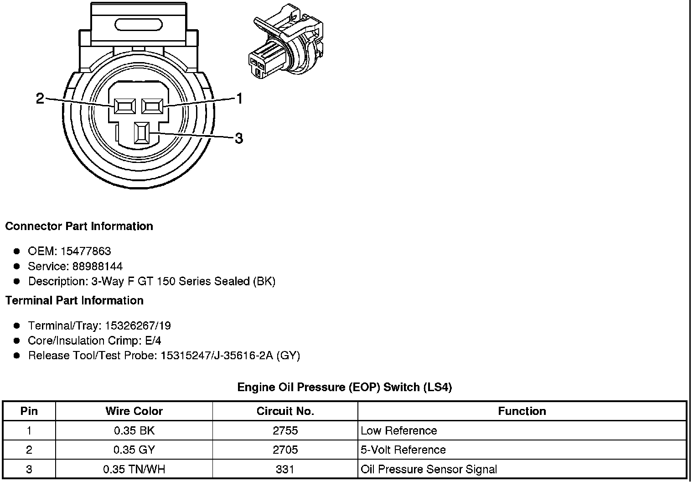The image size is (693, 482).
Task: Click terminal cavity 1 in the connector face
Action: pyautogui.click(x=153, y=106)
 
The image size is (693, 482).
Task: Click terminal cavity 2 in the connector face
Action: pyautogui.click(x=125, y=106)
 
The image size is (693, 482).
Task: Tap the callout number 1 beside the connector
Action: pyautogui.click(x=238, y=98)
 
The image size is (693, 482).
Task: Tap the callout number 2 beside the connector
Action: pyautogui.click(x=40, y=98)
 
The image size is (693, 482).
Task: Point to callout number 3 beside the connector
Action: pyautogui.click(x=238, y=138)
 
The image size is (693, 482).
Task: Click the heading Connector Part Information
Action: pyautogui.click(x=79, y=226)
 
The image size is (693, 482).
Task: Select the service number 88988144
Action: pyautogui.click(x=97, y=266)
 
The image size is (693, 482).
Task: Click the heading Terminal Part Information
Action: pyautogui.click(x=74, y=300)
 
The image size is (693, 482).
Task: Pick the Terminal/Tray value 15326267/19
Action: pyautogui.click(x=138, y=325)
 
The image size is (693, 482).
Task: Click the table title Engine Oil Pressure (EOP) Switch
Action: pyautogui.click(x=344, y=388)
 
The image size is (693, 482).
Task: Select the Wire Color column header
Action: pyautogui.click(x=134, y=411)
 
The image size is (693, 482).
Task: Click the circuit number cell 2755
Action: pyautogui.click(x=285, y=430)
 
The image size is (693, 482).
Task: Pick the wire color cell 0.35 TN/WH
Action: pyautogui.click(x=134, y=469)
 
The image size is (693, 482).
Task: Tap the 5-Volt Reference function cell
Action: pyautogui.click(x=403, y=450)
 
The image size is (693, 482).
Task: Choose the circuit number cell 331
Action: pyautogui.click(x=285, y=469)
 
